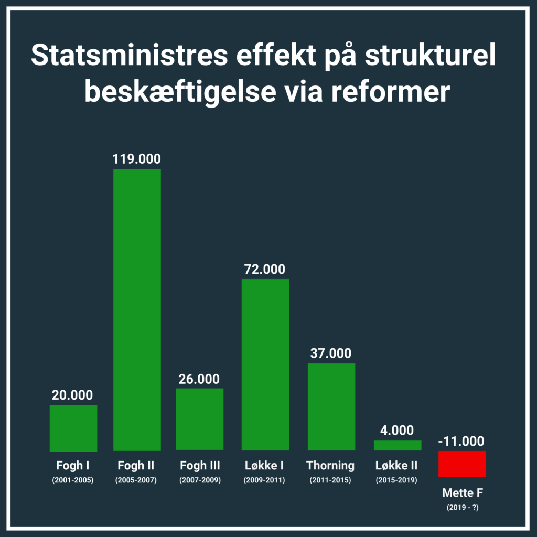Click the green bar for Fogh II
point(137,309)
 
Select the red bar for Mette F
point(462,464)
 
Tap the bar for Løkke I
point(265,364)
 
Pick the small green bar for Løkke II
point(397,445)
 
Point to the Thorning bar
point(331,406)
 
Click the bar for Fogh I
point(73,428)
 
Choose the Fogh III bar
point(199,419)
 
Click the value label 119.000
point(137,159)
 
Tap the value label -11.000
point(461,441)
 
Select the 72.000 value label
point(265,270)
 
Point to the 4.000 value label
point(397,431)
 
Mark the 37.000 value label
point(330,353)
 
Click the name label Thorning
point(330,466)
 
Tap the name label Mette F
point(462,493)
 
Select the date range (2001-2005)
point(73,480)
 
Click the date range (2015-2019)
point(396,480)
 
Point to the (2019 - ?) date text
point(462,507)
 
